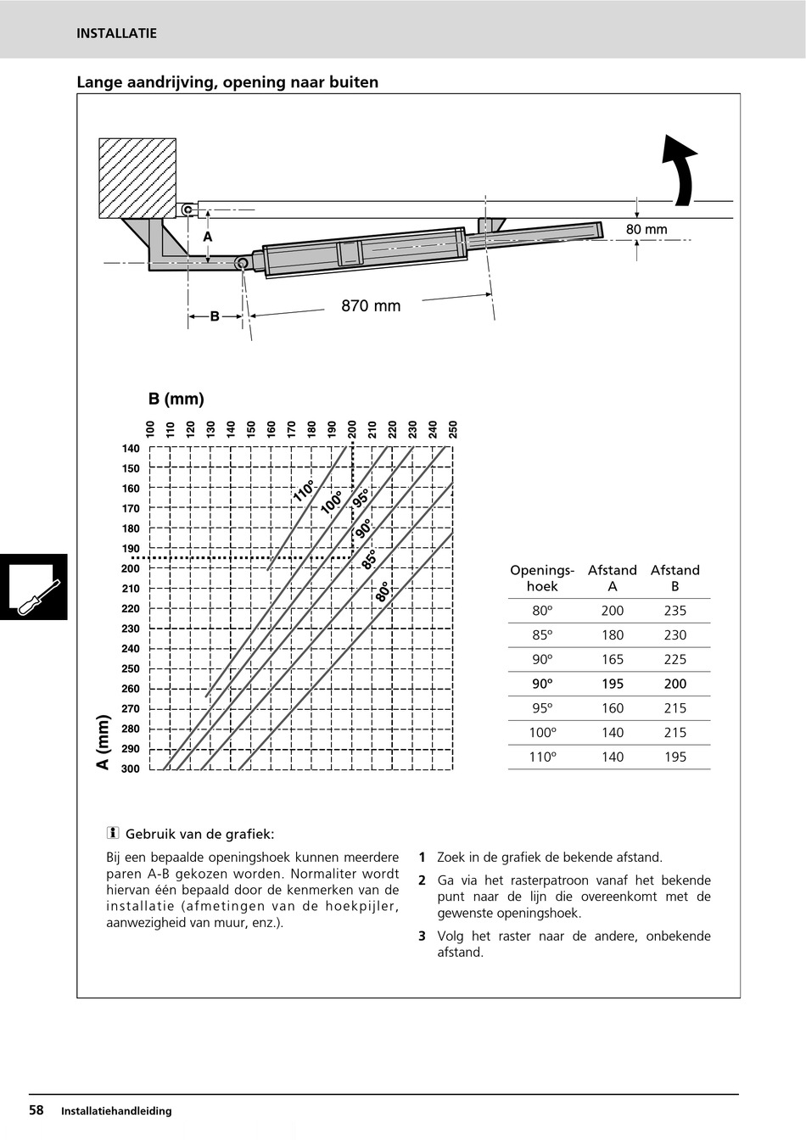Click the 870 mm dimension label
tap(371, 306)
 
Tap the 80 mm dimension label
tap(646, 230)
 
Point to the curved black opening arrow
tap(680, 170)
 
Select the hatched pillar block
tap(137, 178)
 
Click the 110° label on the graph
tap(304, 491)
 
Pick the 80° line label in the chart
tap(383, 592)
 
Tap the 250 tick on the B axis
tap(453, 429)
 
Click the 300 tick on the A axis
tap(131, 769)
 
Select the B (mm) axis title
tap(176, 399)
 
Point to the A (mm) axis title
tap(104, 742)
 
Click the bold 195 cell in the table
tap(613, 684)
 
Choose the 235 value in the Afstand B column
tap(675, 611)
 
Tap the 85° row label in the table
tap(542, 635)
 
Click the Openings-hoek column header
tap(542, 578)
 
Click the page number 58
tap(36, 1110)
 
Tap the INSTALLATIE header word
tap(116, 34)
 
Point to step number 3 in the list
tap(422, 936)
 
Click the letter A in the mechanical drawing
tap(208, 237)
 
